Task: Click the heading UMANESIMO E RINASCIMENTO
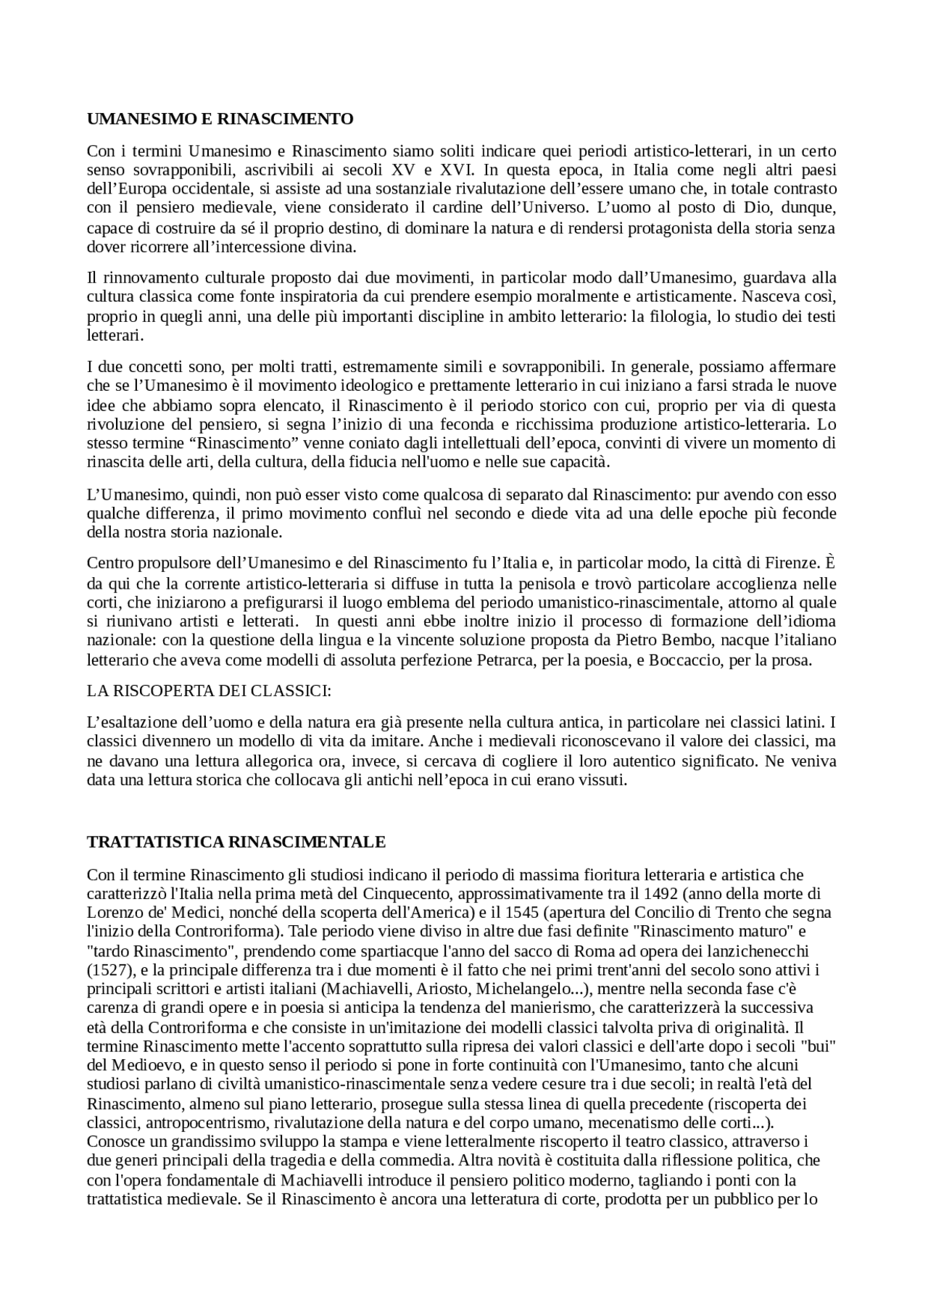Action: tap(220, 119)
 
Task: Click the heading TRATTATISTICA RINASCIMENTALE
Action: tap(236, 842)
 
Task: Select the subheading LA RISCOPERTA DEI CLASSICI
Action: tap(209, 690)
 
